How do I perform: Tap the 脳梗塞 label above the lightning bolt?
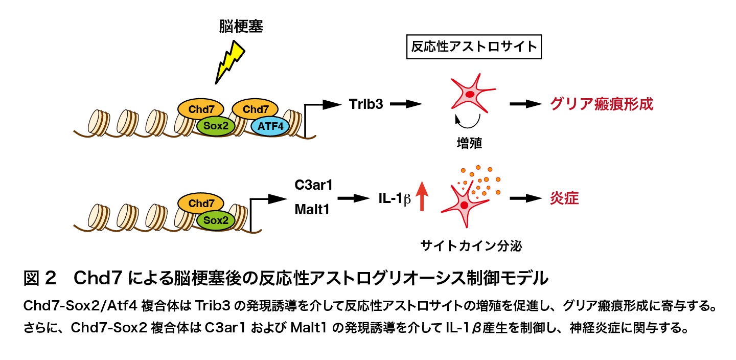(x=241, y=26)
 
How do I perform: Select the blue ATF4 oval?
(x=270, y=126)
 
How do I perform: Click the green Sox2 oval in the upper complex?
(x=216, y=126)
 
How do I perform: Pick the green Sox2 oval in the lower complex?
(x=216, y=220)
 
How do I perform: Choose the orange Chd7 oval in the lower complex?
(x=201, y=203)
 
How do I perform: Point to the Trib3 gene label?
(x=366, y=104)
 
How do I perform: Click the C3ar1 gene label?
(x=313, y=185)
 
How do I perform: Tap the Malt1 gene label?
(x=312, y=210)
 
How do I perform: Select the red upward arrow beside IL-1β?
(x=422, y=196)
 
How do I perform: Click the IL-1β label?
(x=395, y=198)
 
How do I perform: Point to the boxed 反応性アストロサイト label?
(x=474, y=47)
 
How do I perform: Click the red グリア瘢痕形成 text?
(x=602, y=104)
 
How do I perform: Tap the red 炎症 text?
(x=564, y=198)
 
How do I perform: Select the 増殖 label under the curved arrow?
(x=469, y=143)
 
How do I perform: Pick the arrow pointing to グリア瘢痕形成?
(x=526, y=104)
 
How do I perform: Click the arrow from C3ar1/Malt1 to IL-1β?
(x=354, y=198)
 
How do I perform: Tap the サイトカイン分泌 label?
(x=471, y=246)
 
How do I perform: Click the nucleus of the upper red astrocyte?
(x=471, y=95)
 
